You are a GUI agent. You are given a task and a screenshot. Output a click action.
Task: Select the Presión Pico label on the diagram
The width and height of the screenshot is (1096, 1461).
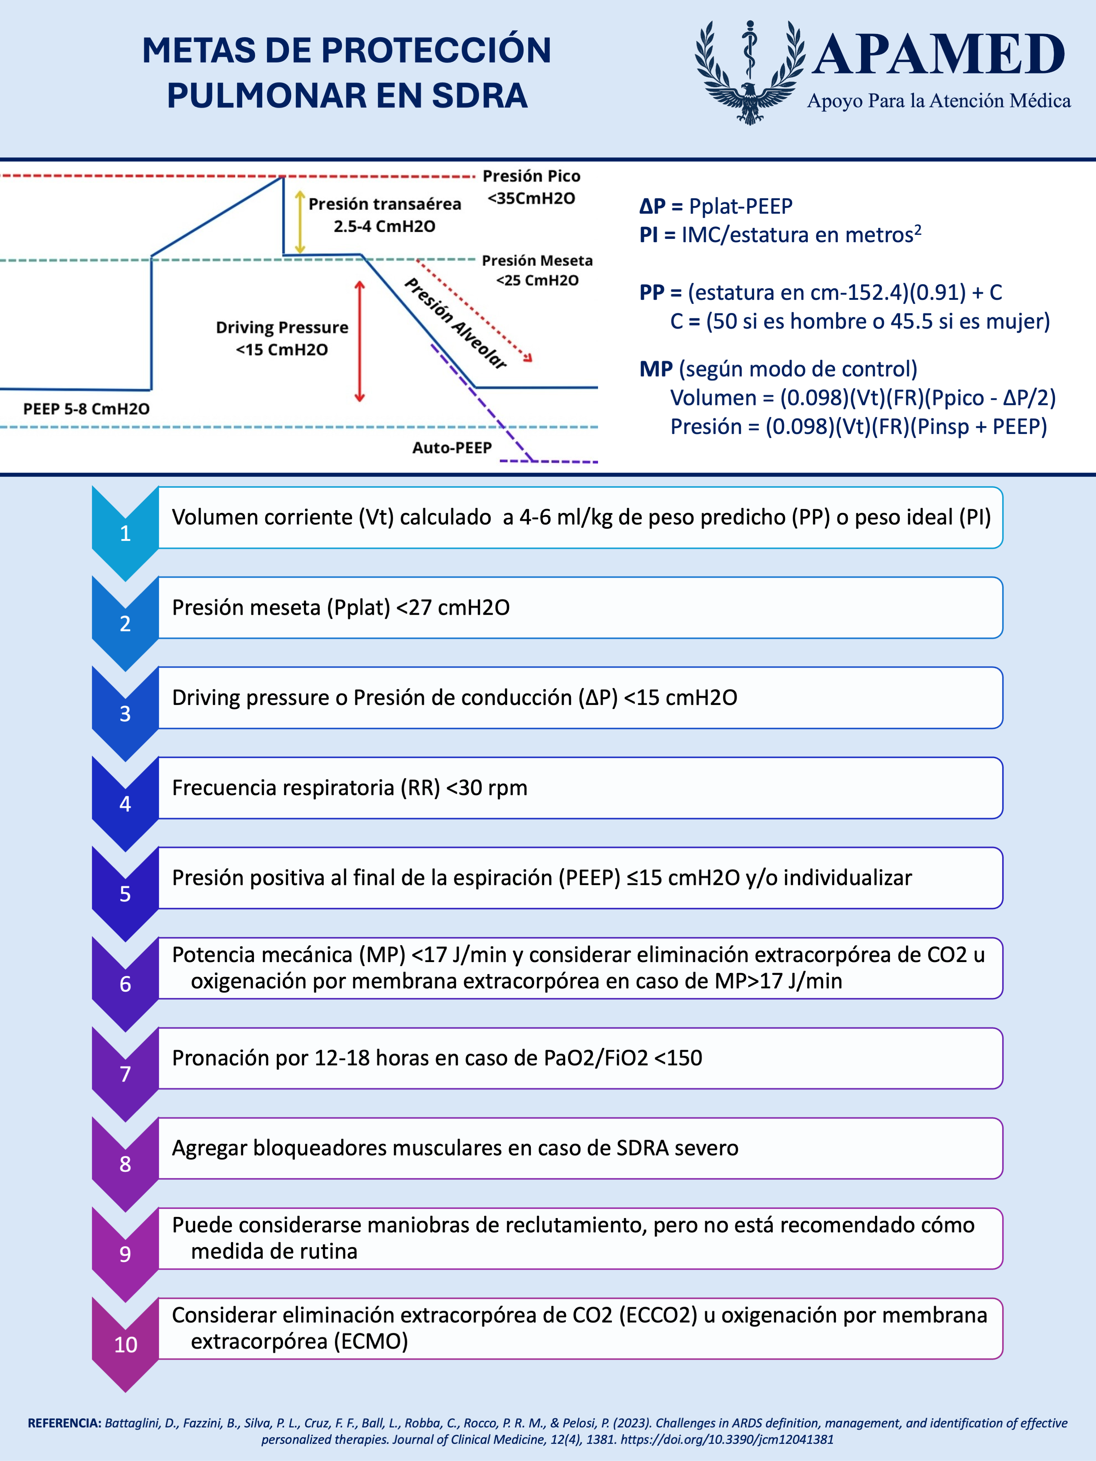pos(531,176)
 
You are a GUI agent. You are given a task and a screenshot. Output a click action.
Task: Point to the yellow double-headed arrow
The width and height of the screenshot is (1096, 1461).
pos(299,222)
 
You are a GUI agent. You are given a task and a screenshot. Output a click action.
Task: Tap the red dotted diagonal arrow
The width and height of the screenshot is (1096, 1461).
pos(474,310)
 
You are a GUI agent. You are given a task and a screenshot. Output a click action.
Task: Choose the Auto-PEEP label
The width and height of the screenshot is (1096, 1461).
pos(452,448)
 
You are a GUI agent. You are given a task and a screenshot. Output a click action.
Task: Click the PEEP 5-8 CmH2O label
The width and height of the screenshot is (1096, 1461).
pos(86,409)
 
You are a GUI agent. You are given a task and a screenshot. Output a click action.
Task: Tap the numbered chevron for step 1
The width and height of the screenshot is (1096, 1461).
pos(125,533)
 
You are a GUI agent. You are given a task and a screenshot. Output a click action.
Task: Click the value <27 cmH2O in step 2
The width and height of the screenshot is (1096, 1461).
pos(453,608)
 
